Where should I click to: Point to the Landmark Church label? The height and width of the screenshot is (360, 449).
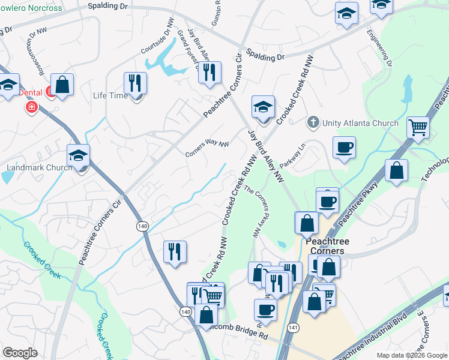pyautogui.click(x=40, y=167)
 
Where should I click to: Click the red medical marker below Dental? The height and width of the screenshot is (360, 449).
pyautogui.click(x=31, y=107)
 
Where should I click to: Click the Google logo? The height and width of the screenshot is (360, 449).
pyautogui.click(x=20, y=352)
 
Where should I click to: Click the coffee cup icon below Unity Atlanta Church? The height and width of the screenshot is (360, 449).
pyautogui.click(x=344, y=148)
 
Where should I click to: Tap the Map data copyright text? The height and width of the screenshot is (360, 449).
pyautogui.click(x=412, y=355)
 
